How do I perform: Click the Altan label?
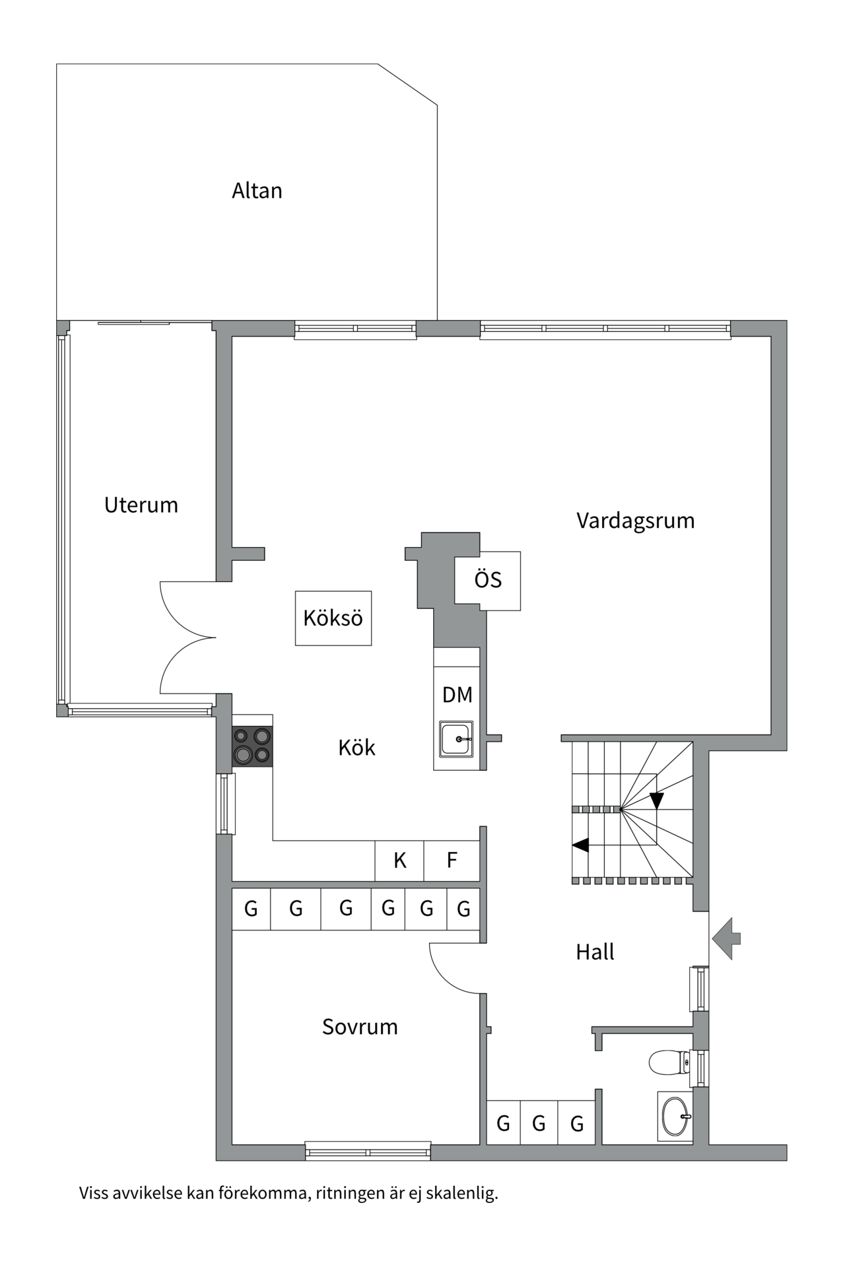point(257,191)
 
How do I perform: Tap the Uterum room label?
point(141,505)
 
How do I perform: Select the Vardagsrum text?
point(635,521)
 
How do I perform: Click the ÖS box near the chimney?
point(488,580)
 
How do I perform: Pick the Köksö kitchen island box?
point(333,618)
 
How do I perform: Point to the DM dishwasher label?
point(457,694)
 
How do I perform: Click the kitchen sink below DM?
point(456,738)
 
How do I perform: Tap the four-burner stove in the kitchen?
point(252,746)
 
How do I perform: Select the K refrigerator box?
point(399,860)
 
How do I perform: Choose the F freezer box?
point(452,860)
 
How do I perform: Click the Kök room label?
point(356,748)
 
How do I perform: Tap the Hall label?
point(595,952)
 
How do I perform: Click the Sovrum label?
point(360,1027)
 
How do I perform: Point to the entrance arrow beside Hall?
point(726,938)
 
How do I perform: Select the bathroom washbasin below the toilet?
point(675,1117)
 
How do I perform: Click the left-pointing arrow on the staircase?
point(581,844)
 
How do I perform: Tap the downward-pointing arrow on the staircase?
point(656,800)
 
